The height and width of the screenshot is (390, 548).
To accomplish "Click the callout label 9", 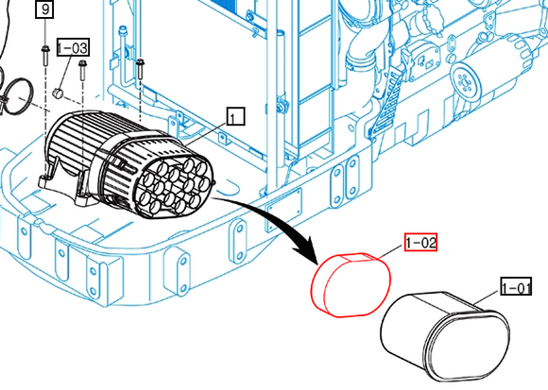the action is coord(44,9).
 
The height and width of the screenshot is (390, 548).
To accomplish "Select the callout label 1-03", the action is coord(73,47).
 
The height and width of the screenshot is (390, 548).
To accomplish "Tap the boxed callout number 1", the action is coord(236,116).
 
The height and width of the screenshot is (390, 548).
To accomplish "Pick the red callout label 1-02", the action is coord(420,242).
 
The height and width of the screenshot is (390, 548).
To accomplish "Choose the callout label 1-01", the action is coord(516,286).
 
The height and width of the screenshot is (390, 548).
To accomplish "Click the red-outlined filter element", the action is coord(351,285).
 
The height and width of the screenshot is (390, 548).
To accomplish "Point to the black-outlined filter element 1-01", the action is coord(445,336).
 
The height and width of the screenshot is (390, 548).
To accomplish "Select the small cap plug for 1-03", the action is coord(58,93).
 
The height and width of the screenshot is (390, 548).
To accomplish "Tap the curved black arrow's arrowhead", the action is coord(307,249).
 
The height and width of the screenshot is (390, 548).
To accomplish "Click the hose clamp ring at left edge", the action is coord(17,96).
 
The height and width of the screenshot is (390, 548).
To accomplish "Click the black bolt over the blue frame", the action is coord(140,69).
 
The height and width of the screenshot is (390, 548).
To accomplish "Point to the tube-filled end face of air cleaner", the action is coord(178,187).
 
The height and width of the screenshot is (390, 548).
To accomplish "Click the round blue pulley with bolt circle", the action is coord(465,83).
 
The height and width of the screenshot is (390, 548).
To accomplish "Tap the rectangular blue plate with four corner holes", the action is coord(283,206).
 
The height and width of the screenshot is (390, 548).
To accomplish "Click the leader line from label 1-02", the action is coord(390,252).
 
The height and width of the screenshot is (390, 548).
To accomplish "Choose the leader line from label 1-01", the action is coord(488,297).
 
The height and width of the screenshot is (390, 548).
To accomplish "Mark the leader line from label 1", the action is coord(207,134).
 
